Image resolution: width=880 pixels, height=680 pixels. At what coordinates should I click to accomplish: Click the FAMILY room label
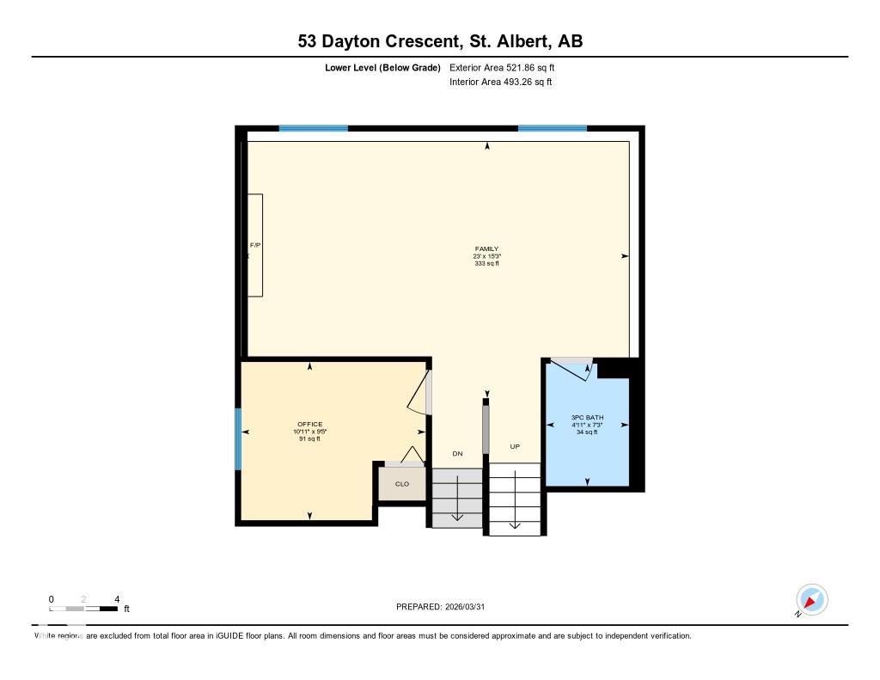click(486, 249)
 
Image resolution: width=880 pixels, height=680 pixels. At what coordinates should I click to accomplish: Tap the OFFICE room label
click(309, 425)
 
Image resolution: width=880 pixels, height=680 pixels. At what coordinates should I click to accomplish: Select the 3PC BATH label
click(587, 418)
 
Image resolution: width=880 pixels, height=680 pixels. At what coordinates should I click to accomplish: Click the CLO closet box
click(402, 484)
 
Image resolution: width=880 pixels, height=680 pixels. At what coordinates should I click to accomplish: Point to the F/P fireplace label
click(255, 246)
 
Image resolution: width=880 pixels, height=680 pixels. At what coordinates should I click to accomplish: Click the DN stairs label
click(457, 453)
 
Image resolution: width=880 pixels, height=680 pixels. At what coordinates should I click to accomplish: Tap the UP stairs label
click(515, 447)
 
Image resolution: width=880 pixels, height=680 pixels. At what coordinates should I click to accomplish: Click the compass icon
click(811, 599)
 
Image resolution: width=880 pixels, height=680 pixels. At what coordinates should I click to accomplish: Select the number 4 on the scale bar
click(116, 599)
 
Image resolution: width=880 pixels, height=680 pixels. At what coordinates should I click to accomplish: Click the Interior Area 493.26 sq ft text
click(500, 83)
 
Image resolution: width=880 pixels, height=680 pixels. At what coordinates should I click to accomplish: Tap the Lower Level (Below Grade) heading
click(383, 67)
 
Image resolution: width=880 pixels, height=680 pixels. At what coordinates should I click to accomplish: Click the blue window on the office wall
click(238, 438)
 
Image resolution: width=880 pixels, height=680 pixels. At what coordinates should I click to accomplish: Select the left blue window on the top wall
click(314, 128)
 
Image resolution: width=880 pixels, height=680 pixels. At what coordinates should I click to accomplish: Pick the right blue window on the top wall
click(552, 128)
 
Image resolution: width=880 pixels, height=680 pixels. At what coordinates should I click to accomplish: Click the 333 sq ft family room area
click(486, 263)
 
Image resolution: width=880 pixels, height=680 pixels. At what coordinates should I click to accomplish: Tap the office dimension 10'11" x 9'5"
click(309, 432)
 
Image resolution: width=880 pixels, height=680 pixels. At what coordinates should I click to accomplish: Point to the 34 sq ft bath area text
click(587, 432)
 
